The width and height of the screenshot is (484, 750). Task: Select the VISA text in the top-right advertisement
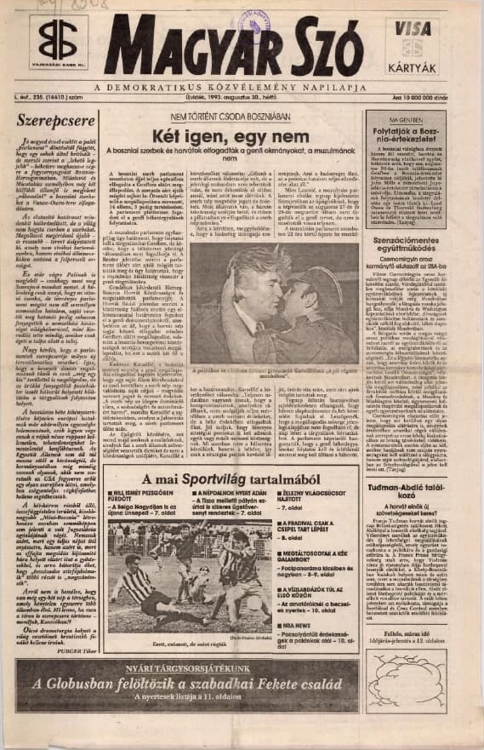[x=413, y=29]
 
